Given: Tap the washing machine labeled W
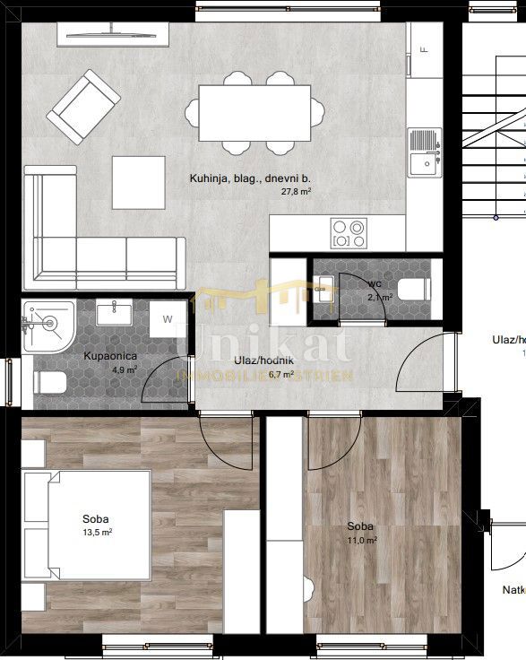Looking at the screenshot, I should pos(168,319).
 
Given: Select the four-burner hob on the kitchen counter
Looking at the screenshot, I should pos(348,233).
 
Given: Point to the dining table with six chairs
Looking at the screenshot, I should pos(254,111).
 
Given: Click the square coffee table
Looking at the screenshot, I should pos(139,182).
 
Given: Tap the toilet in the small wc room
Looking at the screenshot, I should pos(413,289).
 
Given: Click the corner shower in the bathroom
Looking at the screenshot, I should pos(47,326).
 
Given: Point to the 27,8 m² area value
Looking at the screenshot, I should pos(297,192).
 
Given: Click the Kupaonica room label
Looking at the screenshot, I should pos(110,356).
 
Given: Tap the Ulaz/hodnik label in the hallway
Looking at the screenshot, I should pos(260,360).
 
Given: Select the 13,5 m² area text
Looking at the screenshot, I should pos(97,532).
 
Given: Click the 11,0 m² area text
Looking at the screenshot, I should pos(361,540).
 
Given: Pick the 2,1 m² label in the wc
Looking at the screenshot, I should pos(381,296).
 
